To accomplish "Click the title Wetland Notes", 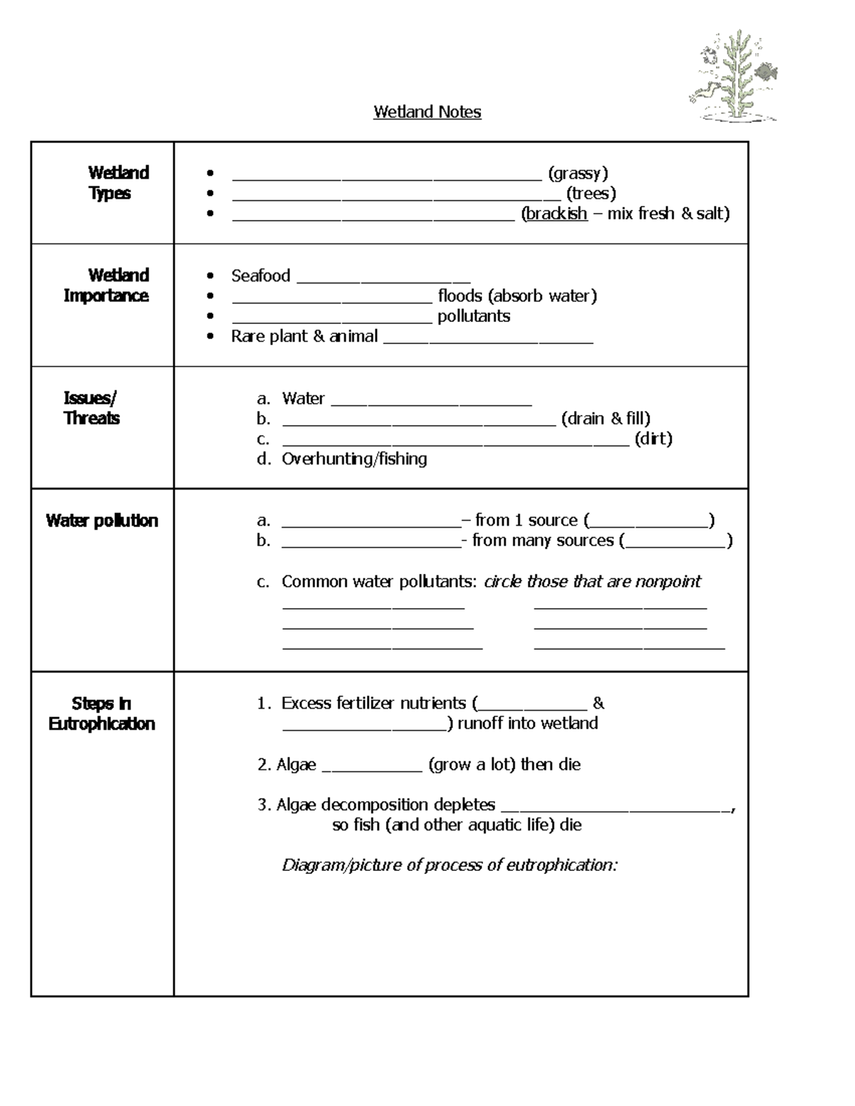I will [427, 112].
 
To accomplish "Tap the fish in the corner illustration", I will [766, 72].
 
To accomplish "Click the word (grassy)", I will [577, 173].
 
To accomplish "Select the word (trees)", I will [591, 193].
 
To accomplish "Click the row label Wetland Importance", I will [107, 285].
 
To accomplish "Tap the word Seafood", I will [260, 276].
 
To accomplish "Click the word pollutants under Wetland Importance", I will [473, 316].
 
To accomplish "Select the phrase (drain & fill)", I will [606, 418].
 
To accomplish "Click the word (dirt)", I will [653, 439].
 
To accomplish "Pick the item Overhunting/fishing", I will [354, 459].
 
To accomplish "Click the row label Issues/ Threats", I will [91, 408].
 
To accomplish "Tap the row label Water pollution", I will [102, 521].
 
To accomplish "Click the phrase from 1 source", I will [526, 521].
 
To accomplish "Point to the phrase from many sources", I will [542, 541].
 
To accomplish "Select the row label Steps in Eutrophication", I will [102, 714].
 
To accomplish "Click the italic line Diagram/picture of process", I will [450, 865].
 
